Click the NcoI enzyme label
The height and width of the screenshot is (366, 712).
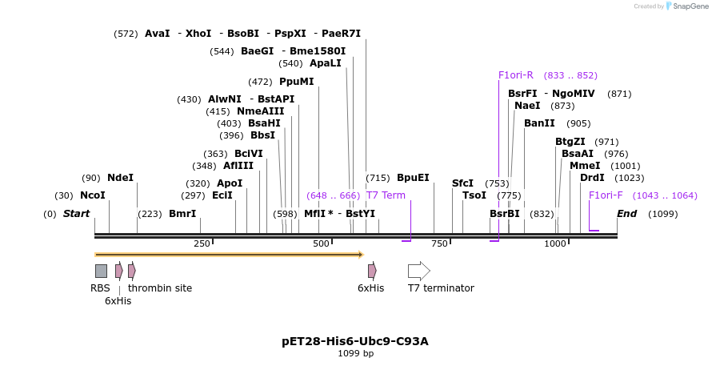click(x=93, y=195)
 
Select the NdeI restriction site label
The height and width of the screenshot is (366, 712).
click(x=120, y=178)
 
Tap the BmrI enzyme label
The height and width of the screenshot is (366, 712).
click(x=182, y=214)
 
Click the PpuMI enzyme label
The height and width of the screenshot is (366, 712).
click(x=296, y=82)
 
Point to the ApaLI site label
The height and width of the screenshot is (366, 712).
click(x=326, y=63)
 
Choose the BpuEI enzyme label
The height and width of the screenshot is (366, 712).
click(x=413, y=178)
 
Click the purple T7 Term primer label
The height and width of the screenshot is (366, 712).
click(x=386, y=195)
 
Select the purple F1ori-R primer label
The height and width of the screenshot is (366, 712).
click(x=516, y=75)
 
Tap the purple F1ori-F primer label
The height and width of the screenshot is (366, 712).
click(x=606, y=195)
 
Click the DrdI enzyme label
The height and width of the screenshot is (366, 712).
click(x=592, y=178)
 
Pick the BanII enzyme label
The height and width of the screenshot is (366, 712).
click(x=539, y=123)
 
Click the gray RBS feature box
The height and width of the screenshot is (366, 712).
click(x=101, y=271)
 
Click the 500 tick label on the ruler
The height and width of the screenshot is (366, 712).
click(x=322, y=243)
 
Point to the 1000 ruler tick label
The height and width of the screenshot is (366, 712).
click(x=555, y=243)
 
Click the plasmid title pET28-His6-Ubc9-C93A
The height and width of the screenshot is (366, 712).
click(x=355, y=341)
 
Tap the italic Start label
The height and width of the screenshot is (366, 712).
click(x=76, y=214)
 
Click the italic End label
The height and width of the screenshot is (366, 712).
click(x=626, y=214)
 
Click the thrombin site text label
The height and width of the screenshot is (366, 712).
click(x=160, y=288)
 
